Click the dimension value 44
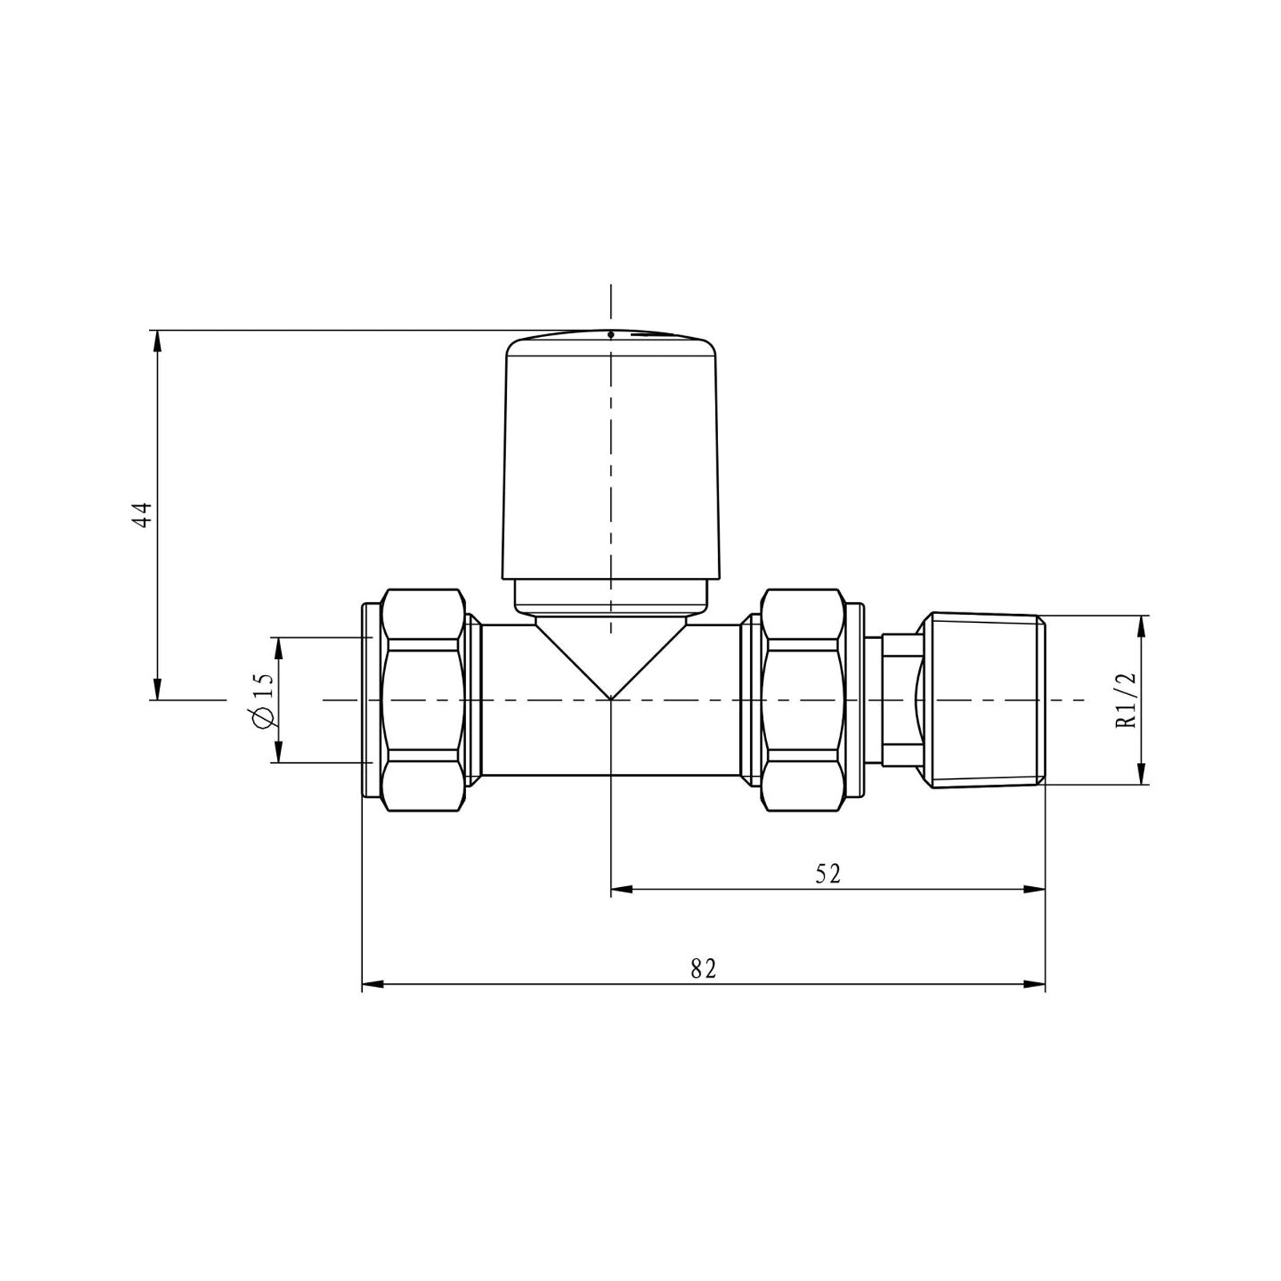point(142,515)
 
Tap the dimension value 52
point(828,873)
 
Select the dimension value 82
point(703,969)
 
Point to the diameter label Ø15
point(263,700)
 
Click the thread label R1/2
point(1127,700)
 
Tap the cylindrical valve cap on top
point(610,456)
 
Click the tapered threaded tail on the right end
point(983,700)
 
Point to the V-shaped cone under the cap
point(610,653)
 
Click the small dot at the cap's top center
point(610,334)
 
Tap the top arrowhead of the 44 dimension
point(158,339)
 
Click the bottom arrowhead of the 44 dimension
point(158,689)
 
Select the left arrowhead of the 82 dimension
point(373,985)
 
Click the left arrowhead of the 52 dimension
point(622,889)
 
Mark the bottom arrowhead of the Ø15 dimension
point(279,752)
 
